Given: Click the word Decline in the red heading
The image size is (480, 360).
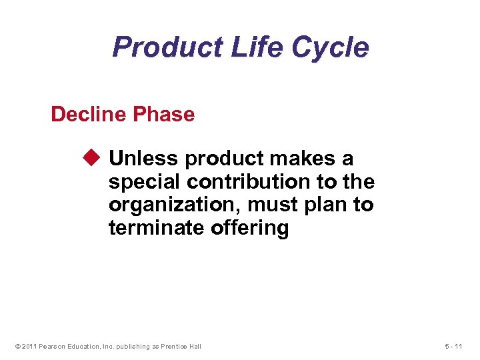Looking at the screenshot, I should click(x=89, y=115).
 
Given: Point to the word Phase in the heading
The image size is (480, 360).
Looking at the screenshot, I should click(x=163, y=115).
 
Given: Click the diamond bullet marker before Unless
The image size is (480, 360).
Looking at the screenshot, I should click(x=91, y=159).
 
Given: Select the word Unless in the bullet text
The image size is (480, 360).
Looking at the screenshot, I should click(x=144, y=159).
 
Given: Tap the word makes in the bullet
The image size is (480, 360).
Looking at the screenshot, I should click(x=304, y=159).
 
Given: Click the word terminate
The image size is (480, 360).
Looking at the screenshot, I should click(x=156, y=229).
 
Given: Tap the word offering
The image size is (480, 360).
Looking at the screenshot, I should click(x=249, y=229).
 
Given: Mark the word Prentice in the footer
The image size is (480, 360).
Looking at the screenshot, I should click(x=171, y=346).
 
